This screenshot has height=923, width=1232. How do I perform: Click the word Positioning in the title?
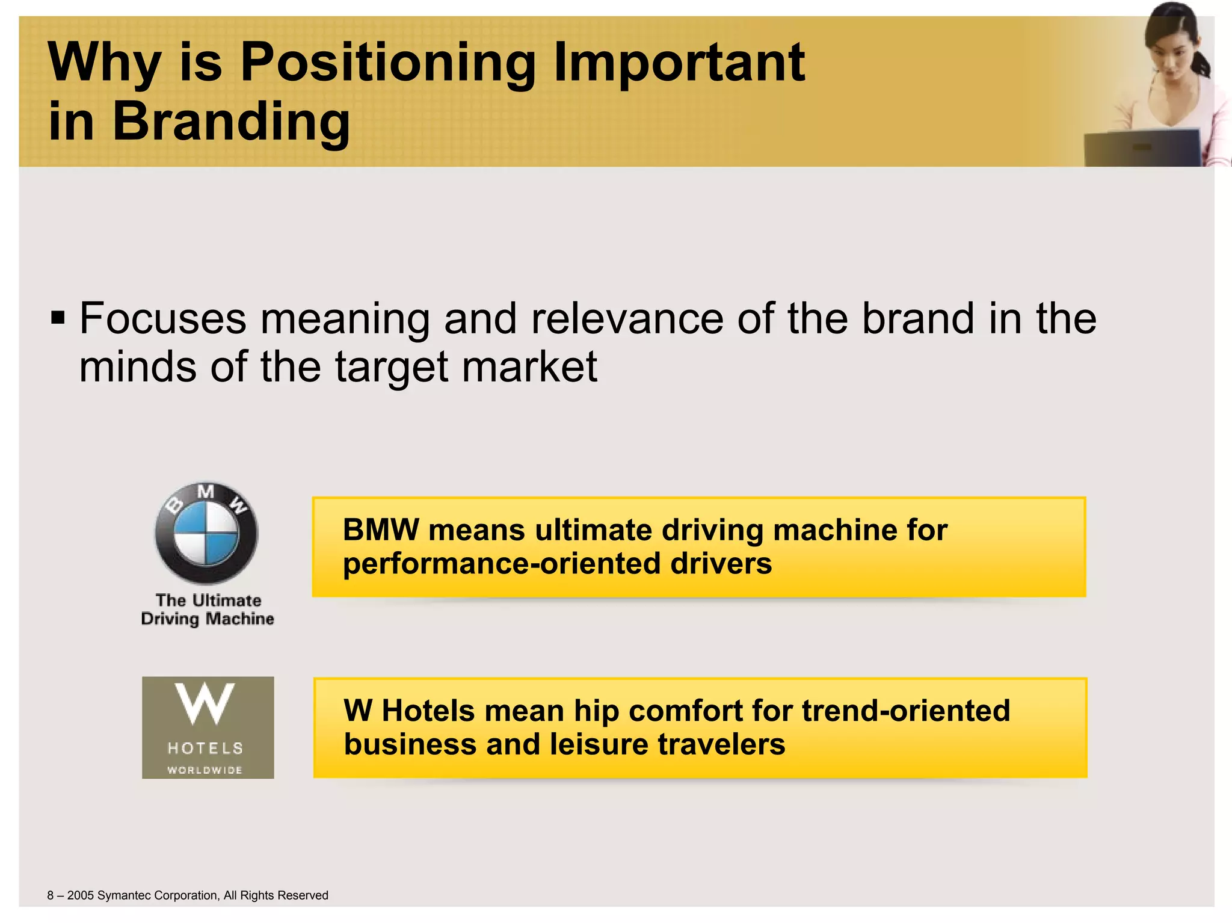coord(387,63)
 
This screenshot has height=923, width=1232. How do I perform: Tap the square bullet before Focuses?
coord(58,317)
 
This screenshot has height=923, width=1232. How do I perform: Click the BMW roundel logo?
coord(206,533)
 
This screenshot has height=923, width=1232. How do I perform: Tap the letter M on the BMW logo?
coord(206,492)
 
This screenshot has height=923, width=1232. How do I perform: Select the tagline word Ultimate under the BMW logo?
coord(227,600)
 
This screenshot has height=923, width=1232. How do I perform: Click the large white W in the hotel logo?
coord(205,703)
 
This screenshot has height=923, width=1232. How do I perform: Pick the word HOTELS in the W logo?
coord(206,749)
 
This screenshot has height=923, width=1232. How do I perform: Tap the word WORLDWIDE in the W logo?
coord(205,770)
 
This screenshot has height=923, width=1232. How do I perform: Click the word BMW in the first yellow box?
coord(380,530)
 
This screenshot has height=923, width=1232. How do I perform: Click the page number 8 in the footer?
coord(51,895)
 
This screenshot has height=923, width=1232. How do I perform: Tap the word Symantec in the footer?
coord(125,895)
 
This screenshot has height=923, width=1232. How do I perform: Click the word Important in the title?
coord(679,63)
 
